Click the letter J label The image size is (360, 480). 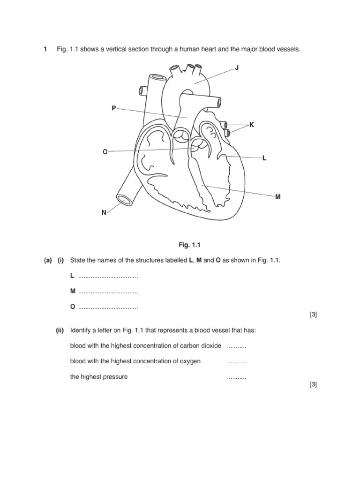237,68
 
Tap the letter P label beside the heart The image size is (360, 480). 113,108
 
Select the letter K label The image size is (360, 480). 251,125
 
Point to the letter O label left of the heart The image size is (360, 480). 105,151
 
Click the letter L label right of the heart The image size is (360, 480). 264,158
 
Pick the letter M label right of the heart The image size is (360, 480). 278,196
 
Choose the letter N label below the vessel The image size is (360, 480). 104,212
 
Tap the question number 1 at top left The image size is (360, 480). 45,49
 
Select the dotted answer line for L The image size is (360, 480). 108,277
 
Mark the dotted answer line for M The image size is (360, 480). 108,292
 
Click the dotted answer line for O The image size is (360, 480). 108,308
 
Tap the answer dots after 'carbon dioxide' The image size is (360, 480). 236,346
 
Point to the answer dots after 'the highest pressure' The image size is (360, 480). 236,377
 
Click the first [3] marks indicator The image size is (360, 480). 313,315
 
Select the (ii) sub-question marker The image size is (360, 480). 60,330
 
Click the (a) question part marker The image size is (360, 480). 48,260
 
